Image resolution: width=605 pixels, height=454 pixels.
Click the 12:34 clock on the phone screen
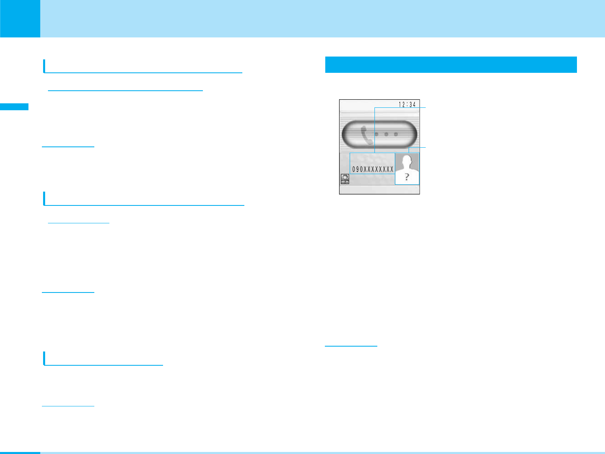tap(407, 105)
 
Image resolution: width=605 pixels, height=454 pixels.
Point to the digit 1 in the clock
tap(400, 105)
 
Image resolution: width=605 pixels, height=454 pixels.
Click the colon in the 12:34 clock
tap(407, 105)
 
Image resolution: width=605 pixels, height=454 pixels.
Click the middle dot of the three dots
tap(385, 134)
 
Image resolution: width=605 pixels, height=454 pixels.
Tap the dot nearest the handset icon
tap(376, 134)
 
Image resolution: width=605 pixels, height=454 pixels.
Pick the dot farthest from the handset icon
tap(395, 134)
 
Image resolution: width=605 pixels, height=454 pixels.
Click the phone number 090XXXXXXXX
tap(373, 170)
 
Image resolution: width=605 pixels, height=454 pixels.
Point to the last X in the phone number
tap(392, 170)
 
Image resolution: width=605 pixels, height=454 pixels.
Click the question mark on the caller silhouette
tap(407, 177)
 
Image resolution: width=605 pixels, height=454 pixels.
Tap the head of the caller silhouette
tap(407, 161)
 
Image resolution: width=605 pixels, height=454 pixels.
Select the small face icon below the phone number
tap(345, 179)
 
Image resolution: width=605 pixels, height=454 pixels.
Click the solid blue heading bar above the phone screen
tap(450, 65)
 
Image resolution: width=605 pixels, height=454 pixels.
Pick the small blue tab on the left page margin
tap(14, 107)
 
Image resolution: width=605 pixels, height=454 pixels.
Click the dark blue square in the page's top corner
tap(20, 18)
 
